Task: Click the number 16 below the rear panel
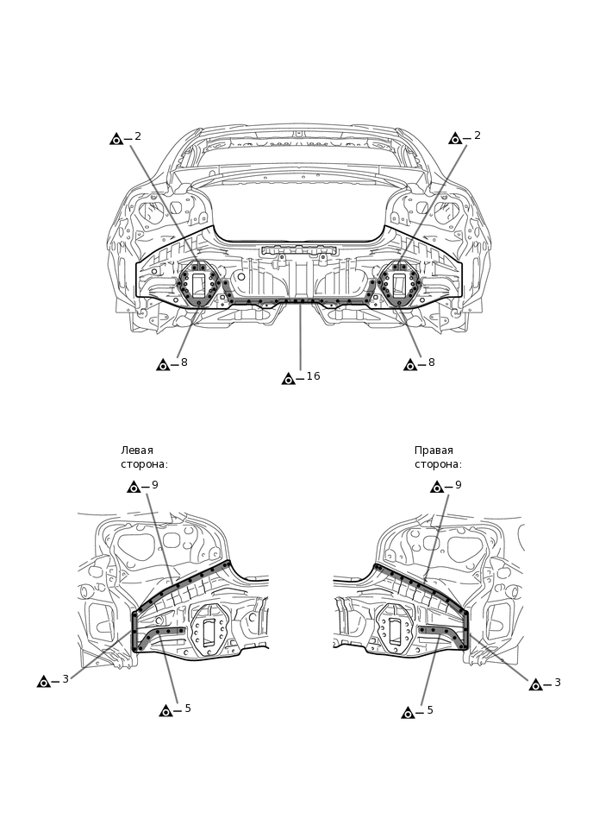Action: point(313,377)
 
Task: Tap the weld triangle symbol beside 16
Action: point(289,379)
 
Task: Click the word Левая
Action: point(137,450)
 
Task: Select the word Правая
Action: point(434,450)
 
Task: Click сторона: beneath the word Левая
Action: point(144,464)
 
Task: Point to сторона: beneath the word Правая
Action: point(438,464)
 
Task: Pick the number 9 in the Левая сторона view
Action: point(155,486)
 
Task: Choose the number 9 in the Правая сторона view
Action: point(459,486)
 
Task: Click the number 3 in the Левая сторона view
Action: point(66,680)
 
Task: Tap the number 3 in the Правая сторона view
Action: point(558,683)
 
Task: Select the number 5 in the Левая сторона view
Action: point(188,709)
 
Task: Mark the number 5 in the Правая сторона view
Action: point(430,711)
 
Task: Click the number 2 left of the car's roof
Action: point(138,136)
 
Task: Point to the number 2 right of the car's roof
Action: point(478,136)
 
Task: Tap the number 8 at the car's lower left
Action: point(184,363)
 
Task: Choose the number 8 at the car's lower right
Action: point(432,363)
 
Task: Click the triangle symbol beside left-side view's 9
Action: point(134,488)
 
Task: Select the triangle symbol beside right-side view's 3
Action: point(536,685)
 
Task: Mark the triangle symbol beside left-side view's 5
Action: point(166,711)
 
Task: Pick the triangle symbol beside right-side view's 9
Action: point(437,488)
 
